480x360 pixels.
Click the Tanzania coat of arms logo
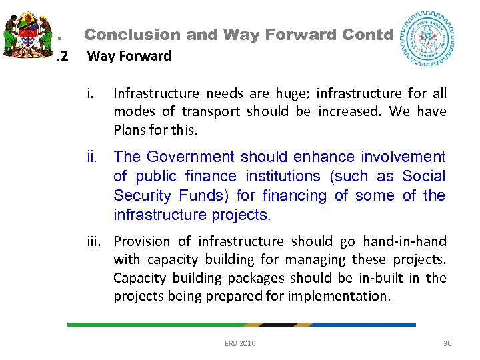tap(27, 33)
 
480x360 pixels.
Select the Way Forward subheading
tap(129, 56)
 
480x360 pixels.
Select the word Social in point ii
tap(424, 176)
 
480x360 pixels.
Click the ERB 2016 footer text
tap(240, 343)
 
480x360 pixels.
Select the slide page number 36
tap(447, 343)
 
